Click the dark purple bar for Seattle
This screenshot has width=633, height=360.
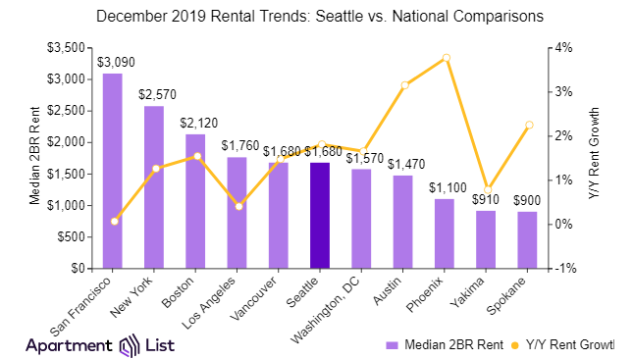click(320, 216)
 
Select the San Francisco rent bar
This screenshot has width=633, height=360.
click(113, 171)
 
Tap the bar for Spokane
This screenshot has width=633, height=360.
click(527, 239)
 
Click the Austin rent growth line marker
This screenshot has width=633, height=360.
click(403, 85)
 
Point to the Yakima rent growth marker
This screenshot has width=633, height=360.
click(486, 189)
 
